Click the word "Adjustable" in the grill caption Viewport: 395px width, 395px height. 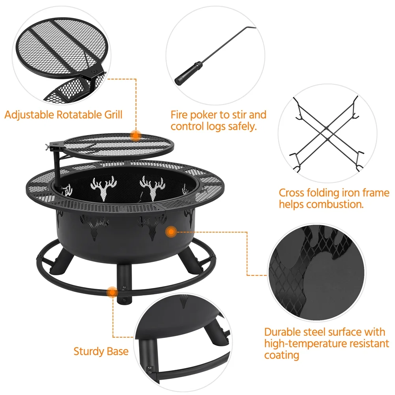pyautogui.click(x=29, y=115)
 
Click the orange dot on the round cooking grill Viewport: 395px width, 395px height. pyautogui.click(x=135, y=135)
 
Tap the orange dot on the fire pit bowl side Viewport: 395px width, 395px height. pyautogui.click(x=171, y=231)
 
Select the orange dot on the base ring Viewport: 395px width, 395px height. pyautogui.click(x=112, y=292)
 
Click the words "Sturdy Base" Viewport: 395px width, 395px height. pyautogui.click(x=101, y=351)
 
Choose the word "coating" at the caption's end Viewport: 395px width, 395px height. pyautogui.click(x=282, y=355)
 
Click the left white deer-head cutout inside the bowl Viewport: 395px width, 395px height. pyautogui.click(x=104, y=188)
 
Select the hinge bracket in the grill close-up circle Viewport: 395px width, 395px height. pyautogui.click(x=94, y=71)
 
